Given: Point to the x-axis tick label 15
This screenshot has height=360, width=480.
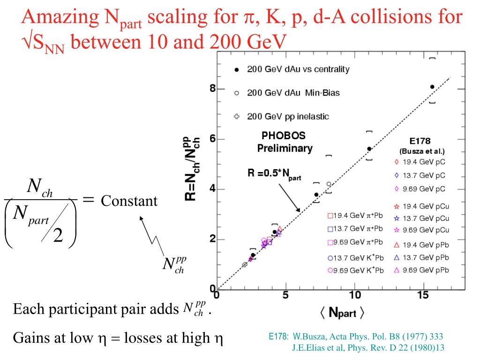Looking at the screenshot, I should (x=423, y=295).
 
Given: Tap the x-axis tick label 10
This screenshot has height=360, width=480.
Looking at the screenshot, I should (x=355, y=295).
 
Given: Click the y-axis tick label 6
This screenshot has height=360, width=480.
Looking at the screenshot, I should (x=212, y=139).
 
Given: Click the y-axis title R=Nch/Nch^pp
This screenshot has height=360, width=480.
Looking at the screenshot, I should (x=192, y=169).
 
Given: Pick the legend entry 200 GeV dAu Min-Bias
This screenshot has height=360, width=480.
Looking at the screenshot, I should (x=293, y=93).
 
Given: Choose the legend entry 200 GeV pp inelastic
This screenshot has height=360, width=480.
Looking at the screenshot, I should (x=288, y=116).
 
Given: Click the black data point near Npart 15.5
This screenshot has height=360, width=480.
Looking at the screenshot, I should (x=432, y=87).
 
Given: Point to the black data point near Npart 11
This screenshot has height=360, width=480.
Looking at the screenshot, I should (x=369, y=149).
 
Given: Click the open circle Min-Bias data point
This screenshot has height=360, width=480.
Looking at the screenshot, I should (x=329, y=184).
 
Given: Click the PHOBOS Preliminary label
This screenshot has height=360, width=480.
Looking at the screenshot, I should (x=284, y=142).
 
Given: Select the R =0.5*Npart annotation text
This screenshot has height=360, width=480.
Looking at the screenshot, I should (x=274, y=173).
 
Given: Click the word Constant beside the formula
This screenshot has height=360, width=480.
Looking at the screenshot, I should (x=129, y=201).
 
